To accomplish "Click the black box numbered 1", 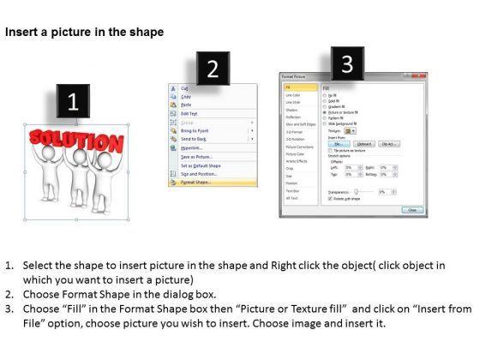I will coord(75,100).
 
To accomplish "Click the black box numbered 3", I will coord(346,63).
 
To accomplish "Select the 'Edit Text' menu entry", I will coord(190,114).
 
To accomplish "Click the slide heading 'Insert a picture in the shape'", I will coord(84,32).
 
